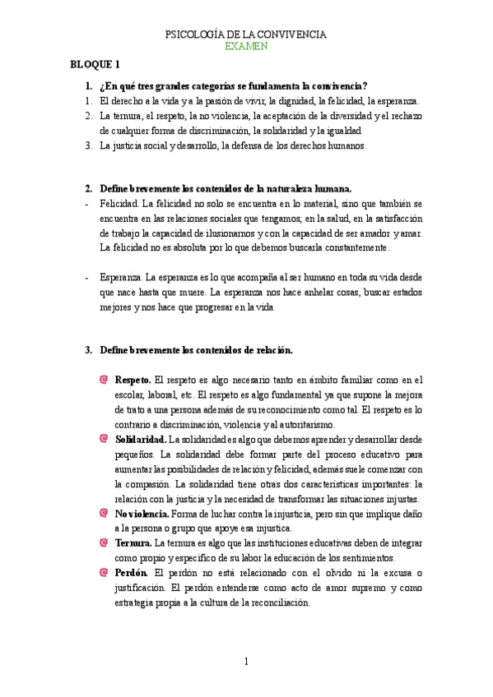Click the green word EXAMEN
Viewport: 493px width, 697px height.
click(246, 47)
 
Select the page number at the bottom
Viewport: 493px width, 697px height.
click(246, 661)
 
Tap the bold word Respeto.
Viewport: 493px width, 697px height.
click(133, 380)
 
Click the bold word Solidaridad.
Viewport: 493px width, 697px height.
click(140, 440)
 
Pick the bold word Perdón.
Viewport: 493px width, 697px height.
click(132, 573)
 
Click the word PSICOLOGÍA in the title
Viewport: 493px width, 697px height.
click(195, 35)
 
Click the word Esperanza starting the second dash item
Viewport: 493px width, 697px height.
click(121, 277)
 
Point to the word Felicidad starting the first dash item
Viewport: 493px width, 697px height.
click(119, 202)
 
